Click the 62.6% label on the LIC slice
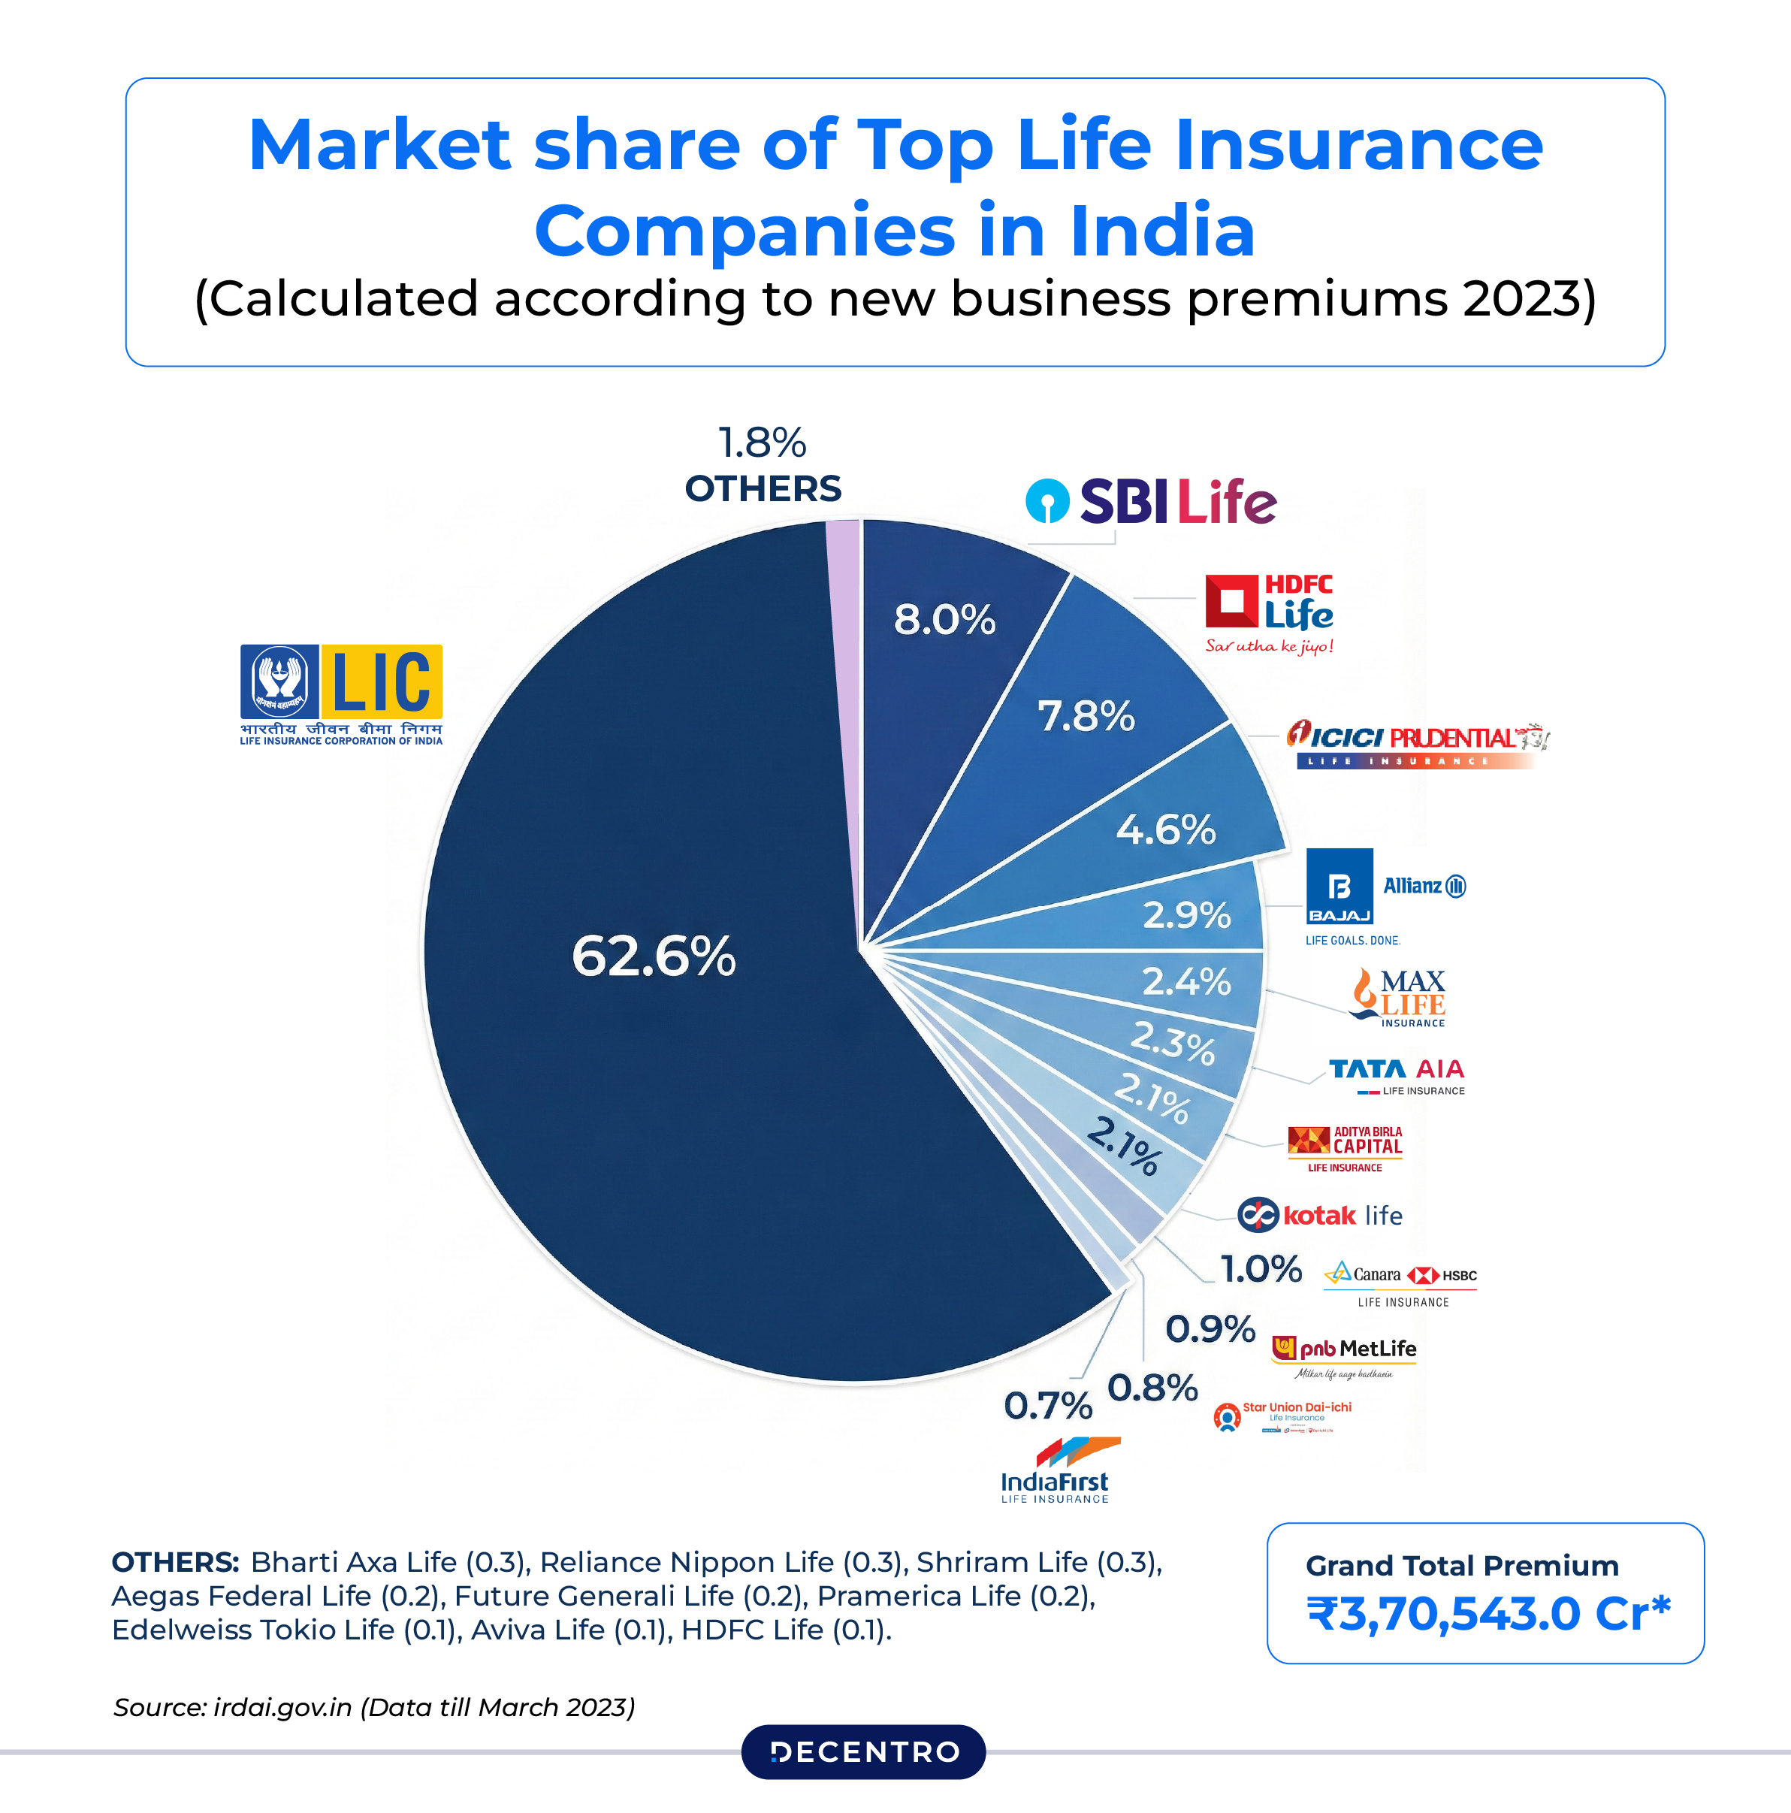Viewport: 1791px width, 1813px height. tap(654, 956)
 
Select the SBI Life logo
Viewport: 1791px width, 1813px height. tap(1151, 501)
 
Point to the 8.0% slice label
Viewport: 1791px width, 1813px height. tap(944, 619)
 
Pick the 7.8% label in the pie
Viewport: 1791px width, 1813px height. tap(1086, 716)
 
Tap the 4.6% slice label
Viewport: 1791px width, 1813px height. tap(1165, 829)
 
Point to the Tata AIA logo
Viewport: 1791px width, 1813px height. tap(1397, 1075)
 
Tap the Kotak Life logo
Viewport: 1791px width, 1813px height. tap(1319, 1214)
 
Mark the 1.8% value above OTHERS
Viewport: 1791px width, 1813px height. tap(762, 443)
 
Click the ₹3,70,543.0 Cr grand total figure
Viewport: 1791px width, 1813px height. tap(1488, 1613)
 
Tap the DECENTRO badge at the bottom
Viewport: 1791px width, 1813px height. tap(863, 1751)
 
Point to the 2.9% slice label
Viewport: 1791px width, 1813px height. tap(1186, 914)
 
